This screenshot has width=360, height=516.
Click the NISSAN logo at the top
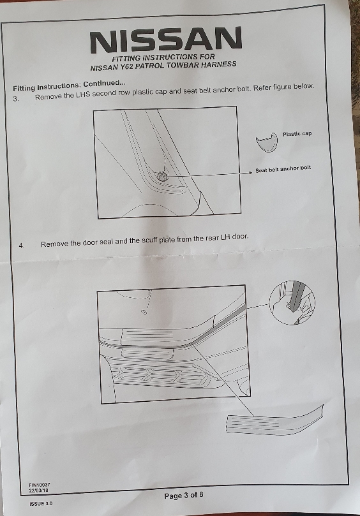point(166,40)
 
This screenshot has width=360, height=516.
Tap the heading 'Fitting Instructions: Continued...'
point(69,86)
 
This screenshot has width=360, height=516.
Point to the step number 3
point(16,98)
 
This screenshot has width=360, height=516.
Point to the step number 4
point(22,245)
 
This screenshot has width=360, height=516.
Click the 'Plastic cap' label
point(297,133)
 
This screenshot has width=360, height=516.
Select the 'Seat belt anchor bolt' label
point(283,169)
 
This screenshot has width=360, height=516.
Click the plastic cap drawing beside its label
point(267,142)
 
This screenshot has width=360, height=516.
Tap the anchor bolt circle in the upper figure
point(161,177)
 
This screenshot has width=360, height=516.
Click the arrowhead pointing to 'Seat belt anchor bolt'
point(250,172)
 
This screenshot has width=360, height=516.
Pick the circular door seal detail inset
point(292,303)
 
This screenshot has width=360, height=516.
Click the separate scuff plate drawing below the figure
point(274,420)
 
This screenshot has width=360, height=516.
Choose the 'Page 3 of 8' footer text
point(184,495)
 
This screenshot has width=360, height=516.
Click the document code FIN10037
point(40,485)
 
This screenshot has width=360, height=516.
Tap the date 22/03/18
point(38,490)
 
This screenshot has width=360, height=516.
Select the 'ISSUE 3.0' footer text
point(41,503)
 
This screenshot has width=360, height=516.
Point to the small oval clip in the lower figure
point(144,312)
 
